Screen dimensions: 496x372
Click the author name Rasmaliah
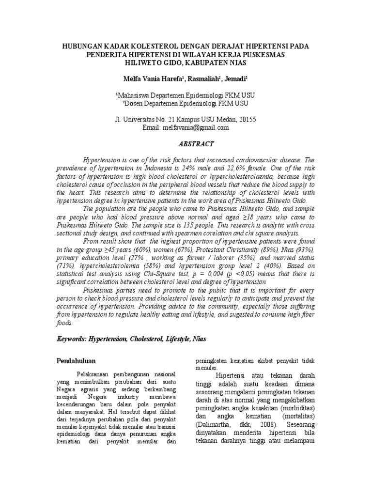click(197, 78)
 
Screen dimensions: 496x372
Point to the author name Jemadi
click(233, 78)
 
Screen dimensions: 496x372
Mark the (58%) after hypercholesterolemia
click(145, 266)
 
